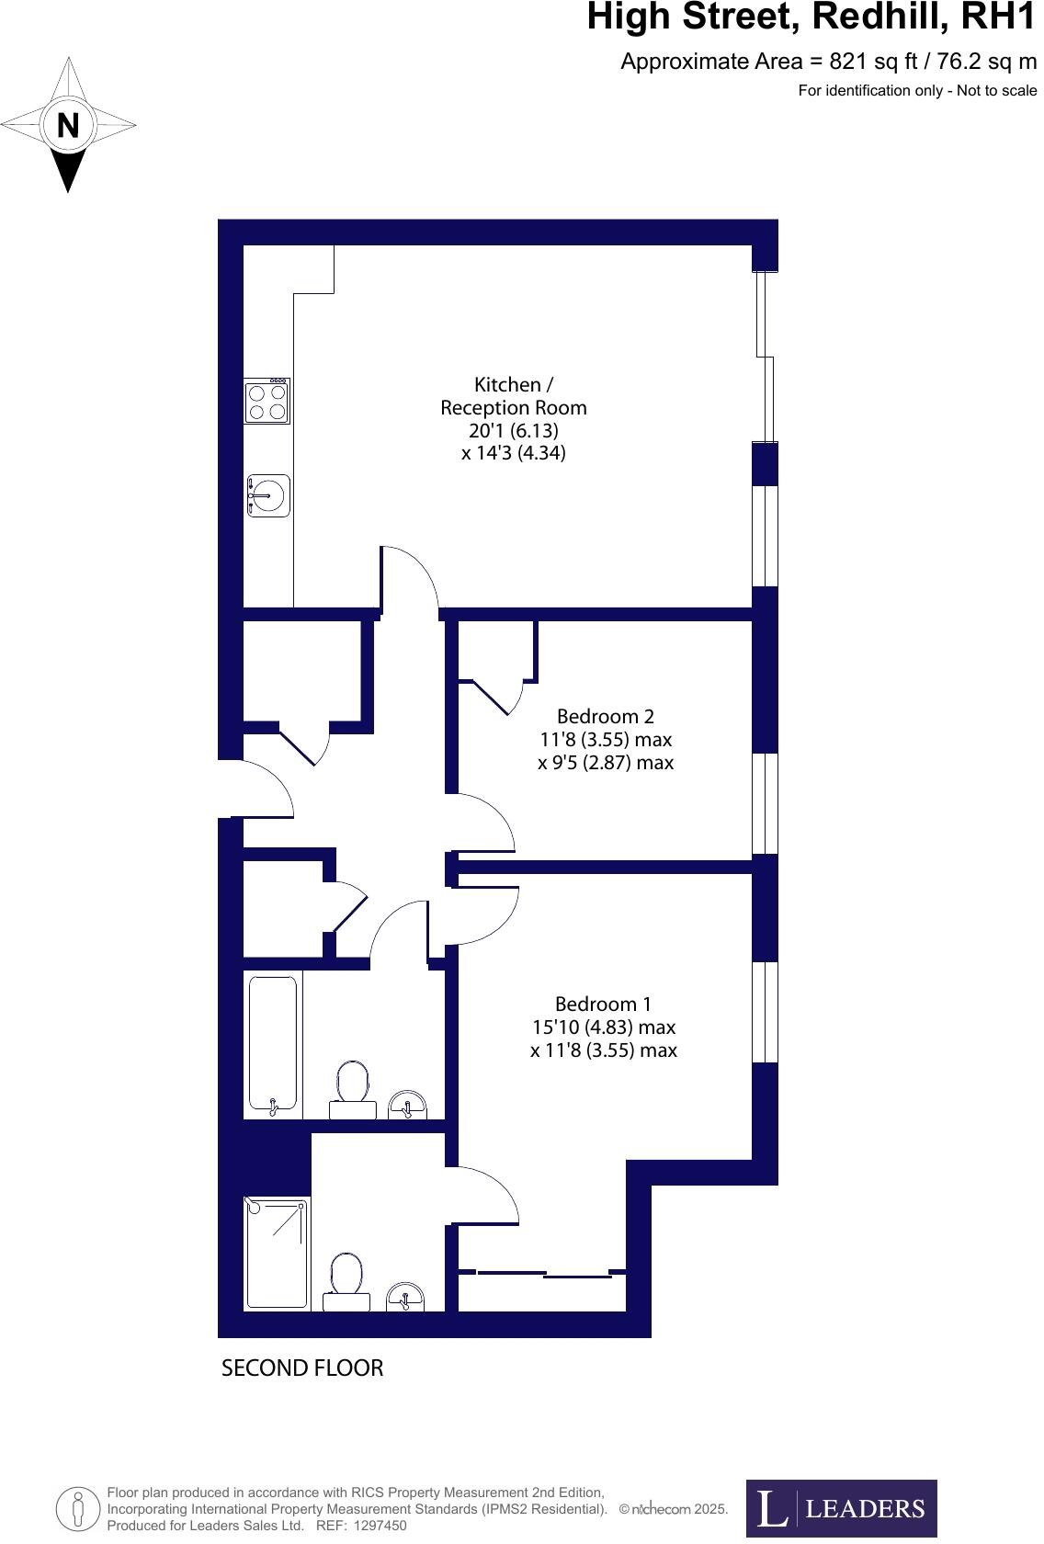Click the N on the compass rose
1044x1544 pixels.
pyautogui.click(x=68, y=124)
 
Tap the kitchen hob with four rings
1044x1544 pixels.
pyautogui.click(x=267, y=402)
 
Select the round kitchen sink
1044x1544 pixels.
pyautogui.click(x=267, y=496)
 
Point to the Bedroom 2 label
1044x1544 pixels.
pyautogui.click(x=606, y=716)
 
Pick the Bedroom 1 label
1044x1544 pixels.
pyautogui.click(x=603, y=1004)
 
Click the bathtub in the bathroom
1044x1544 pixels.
pyautogui.click(x=273, y=1045)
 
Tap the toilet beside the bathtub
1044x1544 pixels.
pyautogui.click(x=353, y=1089)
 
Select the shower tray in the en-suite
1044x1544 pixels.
pyautogui.click(x=277, y=1252)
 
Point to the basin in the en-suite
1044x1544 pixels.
pyautogui.click(x=405, y=1297)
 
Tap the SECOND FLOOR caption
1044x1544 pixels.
pyautogui.click(x=302, y=1368)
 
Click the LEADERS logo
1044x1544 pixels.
pyautogui.click(x=841, y=1507)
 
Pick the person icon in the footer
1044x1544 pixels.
pyautogui.click(x=78, y=1507)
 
